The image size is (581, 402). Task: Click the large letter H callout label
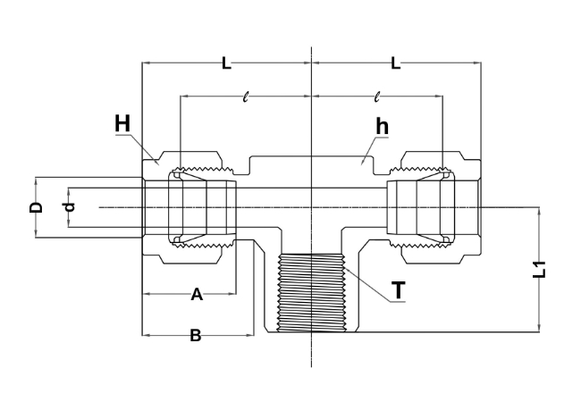pos(122,123)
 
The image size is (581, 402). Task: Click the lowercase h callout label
pos(383,126)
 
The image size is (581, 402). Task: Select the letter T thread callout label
pos(399,289)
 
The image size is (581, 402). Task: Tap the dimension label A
pos(197,295)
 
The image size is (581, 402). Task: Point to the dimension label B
pos(196,335)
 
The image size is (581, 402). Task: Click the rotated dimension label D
pos(36,207)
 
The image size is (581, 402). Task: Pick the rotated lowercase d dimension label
pos(70,207)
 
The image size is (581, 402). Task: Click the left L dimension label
pos(226,63)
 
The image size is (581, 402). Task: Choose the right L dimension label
pos(396,63)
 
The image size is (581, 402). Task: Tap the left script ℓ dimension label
pos(245,97)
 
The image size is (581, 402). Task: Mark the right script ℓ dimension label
pos(377,97)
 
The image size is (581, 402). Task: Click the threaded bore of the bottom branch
pos(312,292)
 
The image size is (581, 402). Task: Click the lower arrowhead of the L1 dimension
pos(539,328)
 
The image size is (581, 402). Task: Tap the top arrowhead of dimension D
pos(36,181)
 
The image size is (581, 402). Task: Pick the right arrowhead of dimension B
pos(249,335)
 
